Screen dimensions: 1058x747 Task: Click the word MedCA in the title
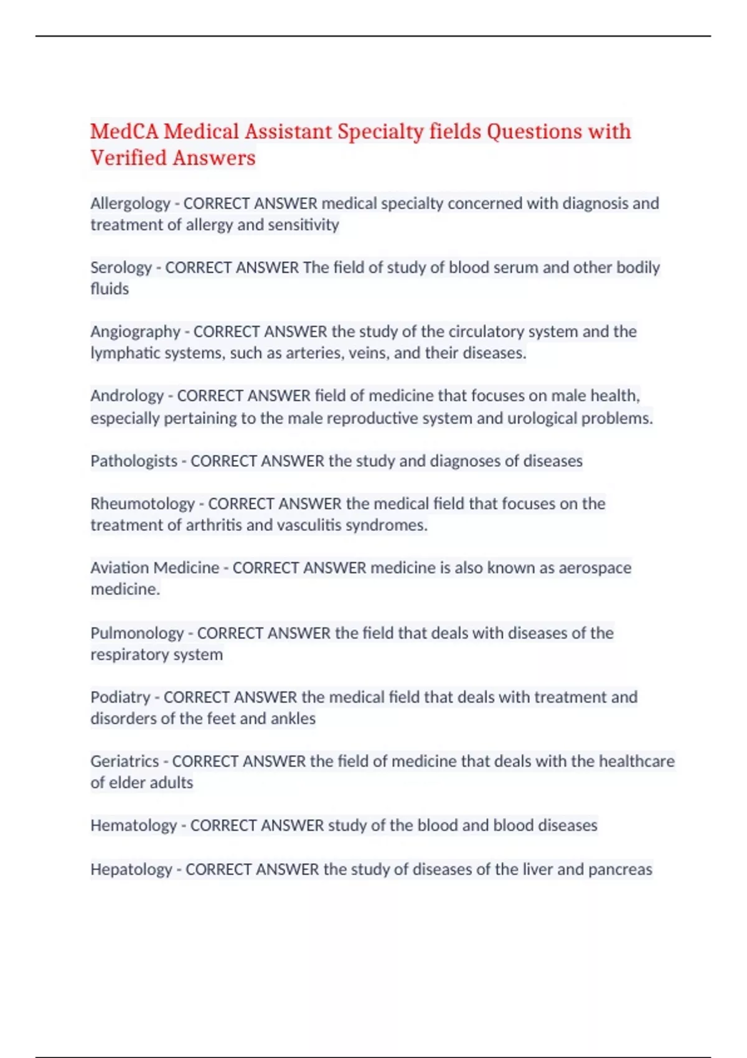[125, 132]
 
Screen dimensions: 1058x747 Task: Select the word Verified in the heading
[129, 158]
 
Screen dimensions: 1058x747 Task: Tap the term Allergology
[130, 204]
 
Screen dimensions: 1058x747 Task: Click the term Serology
[121, 268]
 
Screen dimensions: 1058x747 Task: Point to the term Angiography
[135, 332]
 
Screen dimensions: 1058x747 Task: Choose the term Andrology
[127, 396]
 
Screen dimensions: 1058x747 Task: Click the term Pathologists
[134, 461]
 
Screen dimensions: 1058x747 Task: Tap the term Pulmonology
[137, 633]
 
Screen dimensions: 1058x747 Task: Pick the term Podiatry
[120, 697]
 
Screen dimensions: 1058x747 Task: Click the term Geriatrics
[125, 761]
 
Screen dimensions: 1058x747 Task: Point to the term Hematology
[134, 825]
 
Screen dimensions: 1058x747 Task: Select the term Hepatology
[131, 869]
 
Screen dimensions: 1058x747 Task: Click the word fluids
[110, 289]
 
